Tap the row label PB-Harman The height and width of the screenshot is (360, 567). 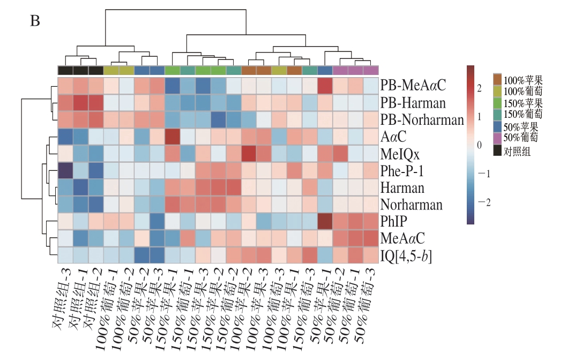pos(413,103)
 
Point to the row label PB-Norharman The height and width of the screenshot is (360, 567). pos(422,120)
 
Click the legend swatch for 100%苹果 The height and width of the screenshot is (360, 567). pos(498,79)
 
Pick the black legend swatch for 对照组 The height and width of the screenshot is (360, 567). pos(498,152)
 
